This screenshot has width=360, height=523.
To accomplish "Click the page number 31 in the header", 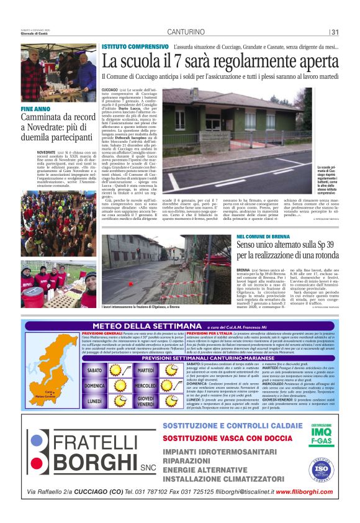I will [x=335, y=32].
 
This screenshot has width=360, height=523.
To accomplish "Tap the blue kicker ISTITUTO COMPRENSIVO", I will [x=135, y=47].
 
